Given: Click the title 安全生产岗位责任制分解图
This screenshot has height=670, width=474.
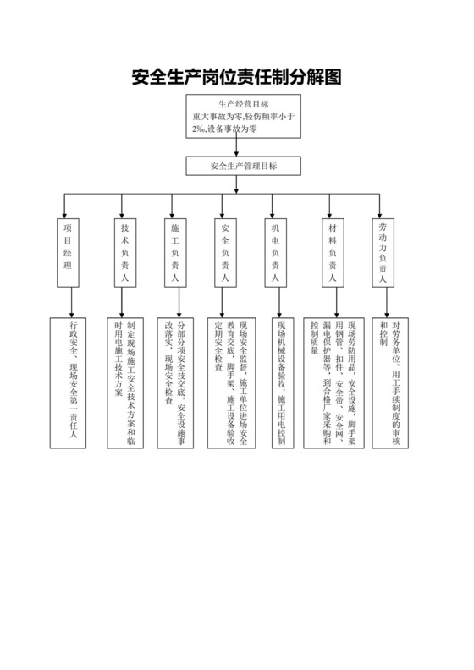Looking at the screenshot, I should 237,79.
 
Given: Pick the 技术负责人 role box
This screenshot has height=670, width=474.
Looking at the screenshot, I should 124,252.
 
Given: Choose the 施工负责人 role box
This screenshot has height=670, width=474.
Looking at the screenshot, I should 175,252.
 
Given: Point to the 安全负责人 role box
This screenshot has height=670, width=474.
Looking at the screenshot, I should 224,252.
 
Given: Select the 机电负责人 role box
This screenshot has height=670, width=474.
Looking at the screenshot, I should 274,252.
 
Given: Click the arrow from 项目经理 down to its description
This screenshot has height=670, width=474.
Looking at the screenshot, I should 73,301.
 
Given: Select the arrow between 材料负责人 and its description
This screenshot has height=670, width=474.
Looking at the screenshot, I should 338,301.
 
